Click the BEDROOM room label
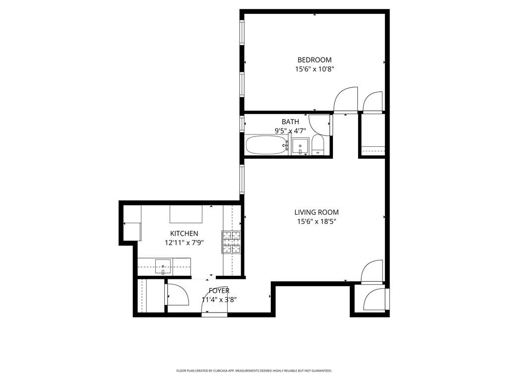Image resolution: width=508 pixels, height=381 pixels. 314,60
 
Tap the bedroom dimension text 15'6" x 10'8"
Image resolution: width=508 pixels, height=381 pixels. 314,70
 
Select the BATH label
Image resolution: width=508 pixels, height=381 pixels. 290,122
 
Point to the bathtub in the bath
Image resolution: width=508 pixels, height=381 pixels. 266,146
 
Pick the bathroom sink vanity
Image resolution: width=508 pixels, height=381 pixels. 300,147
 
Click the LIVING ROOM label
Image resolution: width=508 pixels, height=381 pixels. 317,212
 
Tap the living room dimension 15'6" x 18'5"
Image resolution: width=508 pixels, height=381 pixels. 317,222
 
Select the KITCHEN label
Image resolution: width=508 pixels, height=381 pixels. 184,233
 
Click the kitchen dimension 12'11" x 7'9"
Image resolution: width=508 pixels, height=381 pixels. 184,243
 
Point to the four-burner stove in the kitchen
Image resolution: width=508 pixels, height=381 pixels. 231,243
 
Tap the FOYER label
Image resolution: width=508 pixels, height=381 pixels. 219,290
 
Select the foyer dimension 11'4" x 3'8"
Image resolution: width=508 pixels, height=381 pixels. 219,300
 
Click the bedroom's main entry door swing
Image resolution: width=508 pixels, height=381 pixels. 345,101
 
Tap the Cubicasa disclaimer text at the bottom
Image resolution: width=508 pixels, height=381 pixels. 254,371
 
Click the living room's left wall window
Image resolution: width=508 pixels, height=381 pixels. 242,179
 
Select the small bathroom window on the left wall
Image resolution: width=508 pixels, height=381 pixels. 242,123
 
